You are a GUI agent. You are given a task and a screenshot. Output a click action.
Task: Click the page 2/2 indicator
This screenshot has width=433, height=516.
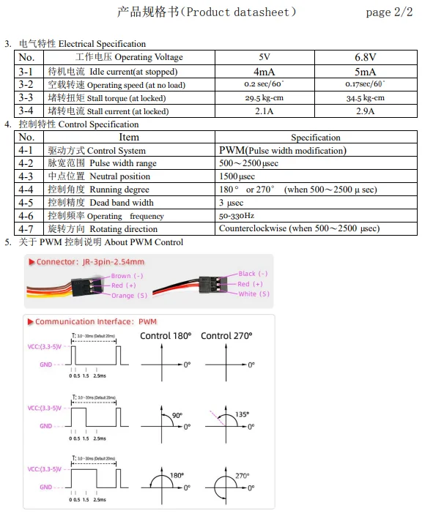coord(389,12)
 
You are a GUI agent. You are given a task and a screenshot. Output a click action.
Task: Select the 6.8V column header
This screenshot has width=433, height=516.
coord(366,57)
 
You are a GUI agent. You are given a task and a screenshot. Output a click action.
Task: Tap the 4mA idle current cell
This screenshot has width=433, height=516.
coord(264,71)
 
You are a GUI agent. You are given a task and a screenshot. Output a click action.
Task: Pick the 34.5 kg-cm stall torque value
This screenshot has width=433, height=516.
coord(366,98)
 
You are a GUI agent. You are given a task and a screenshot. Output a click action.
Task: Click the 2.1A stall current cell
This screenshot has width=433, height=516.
coord(264,111)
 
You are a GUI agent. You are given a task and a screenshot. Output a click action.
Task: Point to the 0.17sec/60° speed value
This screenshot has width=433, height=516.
coord(366,85)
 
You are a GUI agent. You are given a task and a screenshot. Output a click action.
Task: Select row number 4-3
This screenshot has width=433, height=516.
coord(26,176)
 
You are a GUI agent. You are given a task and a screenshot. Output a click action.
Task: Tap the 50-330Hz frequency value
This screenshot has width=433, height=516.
coord(237,216)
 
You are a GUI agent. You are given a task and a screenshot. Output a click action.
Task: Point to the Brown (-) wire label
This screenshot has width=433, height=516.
coord(127,277)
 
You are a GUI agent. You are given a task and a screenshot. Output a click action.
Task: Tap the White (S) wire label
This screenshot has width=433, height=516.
coord(253,294)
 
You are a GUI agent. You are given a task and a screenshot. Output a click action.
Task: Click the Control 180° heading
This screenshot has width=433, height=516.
coord(166,335)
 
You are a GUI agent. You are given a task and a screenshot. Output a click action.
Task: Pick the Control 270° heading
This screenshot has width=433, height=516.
coord(226,335)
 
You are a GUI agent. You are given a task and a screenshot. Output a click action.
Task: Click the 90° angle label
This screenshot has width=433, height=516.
coord(177,415)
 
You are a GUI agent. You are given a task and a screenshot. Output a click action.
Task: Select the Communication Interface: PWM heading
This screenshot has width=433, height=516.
coord(95,321)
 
